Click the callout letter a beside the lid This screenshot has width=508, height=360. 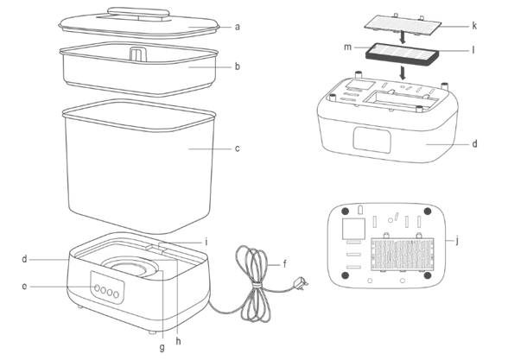coord(238,27)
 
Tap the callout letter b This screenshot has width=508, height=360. coord(238,66)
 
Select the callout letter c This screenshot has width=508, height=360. coord(238,148)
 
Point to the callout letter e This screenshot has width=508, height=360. coord(24,287)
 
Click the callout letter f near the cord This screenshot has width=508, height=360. coord(285,264)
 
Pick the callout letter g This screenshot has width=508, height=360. coord(162,348)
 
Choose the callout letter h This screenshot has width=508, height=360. coord(178,341)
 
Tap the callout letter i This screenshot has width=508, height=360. coord(206,242)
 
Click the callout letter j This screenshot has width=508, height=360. coord(457,241)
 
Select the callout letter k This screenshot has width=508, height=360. coord(474,26)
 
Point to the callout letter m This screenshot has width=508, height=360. coord(347,47)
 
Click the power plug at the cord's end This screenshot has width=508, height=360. coord(300,283)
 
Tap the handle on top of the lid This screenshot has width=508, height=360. coord(138,13)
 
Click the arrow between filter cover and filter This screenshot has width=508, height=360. coord(403,37)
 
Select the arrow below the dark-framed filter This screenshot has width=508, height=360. coord(403,73)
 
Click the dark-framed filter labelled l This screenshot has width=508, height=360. coord(403,54)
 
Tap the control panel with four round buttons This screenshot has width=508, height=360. coord(107,288)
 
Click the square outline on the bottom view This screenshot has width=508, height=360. coord(354,229)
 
